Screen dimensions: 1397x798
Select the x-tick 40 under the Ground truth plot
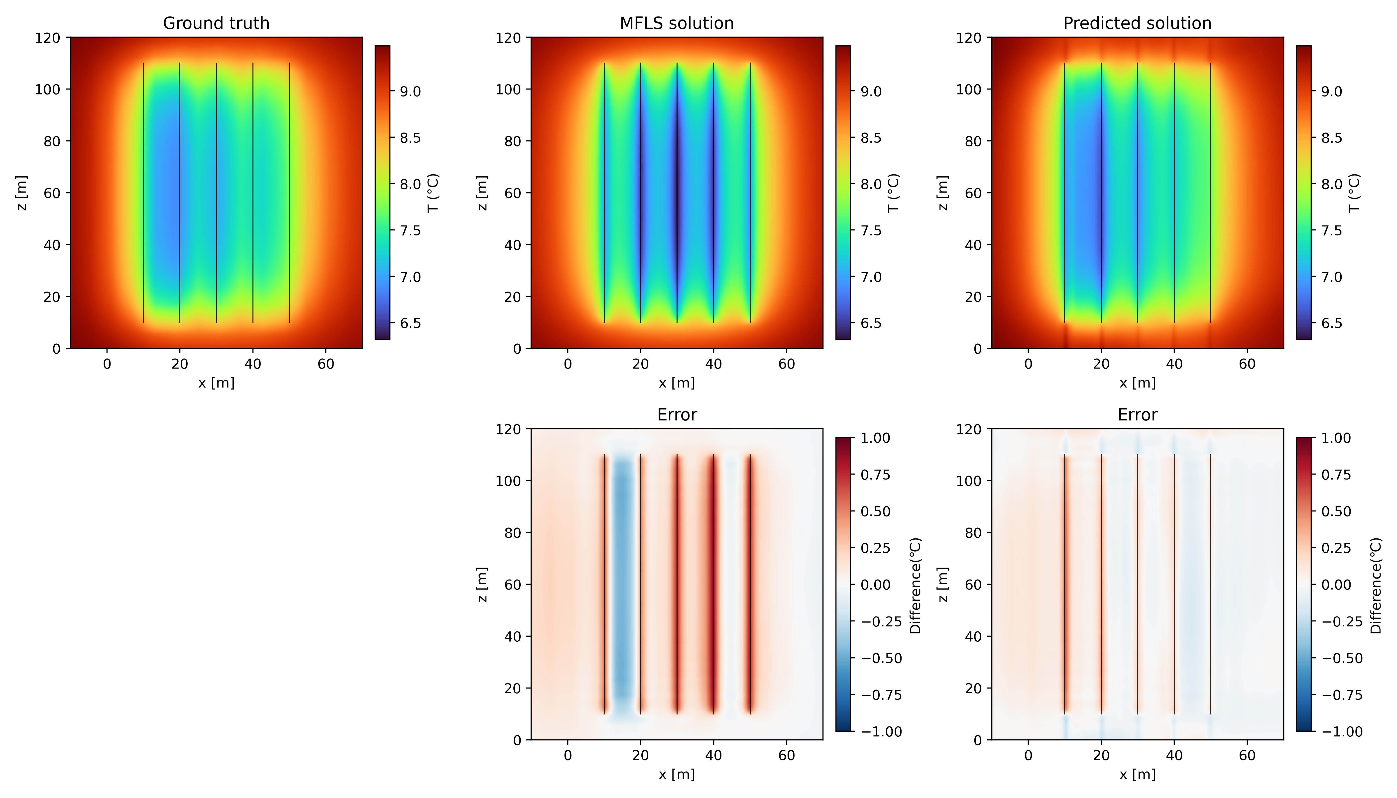pyautogui.click(x=253, y=364)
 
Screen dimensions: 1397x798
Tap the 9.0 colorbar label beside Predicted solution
pyautogui.click(x=1331, y=92)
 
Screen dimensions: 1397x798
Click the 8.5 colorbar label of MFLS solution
pyautogui.click(x=871, y=138)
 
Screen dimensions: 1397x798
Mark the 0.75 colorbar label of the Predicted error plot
pyautogui.click(x=1336, y=475)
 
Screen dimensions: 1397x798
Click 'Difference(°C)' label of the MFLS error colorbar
pyautogui.click(x=916, y=585)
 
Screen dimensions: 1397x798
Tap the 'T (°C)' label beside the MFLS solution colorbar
pyautogui.click(x=894, y=193)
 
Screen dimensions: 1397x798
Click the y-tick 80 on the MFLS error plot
pyautogui.click(x=513, y=533)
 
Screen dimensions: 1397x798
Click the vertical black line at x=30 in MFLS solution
pyautogui.click(x=677, y=193)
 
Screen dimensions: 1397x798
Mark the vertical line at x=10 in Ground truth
pyautogui.click(x=144, y=193)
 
